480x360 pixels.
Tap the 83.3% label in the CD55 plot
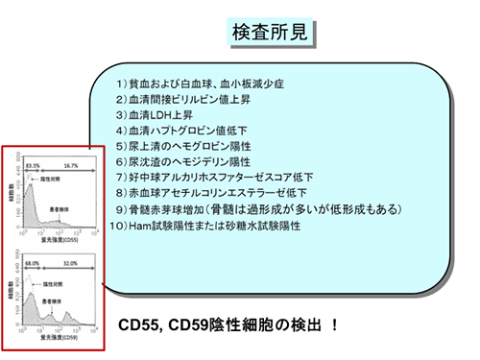[x=32, y=166]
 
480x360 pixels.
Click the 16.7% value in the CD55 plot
[x=70, y=166]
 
